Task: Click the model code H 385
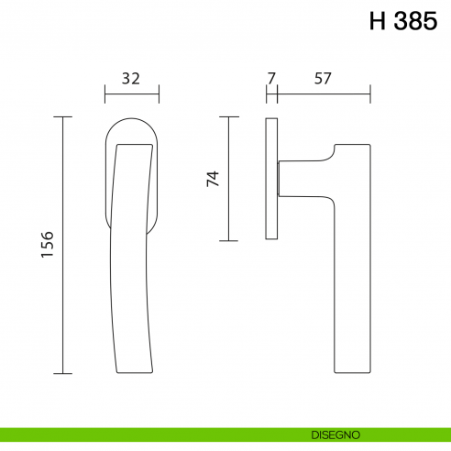[403, 21]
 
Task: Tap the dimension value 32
[131, 79]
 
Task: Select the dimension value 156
[48, 245]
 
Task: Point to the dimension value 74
[213, 179]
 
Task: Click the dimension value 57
[323, 79]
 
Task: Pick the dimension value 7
[271, 79]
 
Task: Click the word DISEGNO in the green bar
[335, 434]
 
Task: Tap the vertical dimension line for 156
[63, 245]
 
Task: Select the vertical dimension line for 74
[228, 179]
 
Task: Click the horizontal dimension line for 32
[132, 93]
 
